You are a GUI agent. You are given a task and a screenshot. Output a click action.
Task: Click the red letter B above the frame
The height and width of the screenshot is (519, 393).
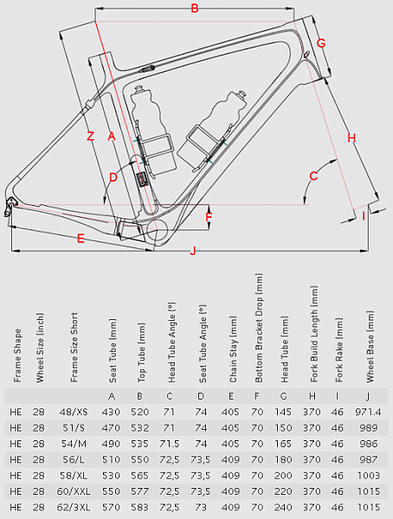[195, 9]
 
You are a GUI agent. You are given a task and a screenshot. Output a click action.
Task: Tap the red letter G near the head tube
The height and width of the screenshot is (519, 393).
[321, 43]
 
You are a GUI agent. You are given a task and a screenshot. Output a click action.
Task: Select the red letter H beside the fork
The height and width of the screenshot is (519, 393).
[351, 138]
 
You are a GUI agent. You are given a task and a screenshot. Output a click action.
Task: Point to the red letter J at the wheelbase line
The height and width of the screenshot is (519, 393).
[192, 251]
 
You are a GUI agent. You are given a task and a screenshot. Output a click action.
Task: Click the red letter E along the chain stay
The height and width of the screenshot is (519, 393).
[81, 239]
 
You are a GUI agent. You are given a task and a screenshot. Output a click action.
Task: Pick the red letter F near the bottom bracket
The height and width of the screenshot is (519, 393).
[209, 217]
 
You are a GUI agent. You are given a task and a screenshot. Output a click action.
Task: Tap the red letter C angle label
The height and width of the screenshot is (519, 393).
[313, 176]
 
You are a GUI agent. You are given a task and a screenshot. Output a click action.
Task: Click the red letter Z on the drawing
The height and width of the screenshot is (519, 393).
[90, 136]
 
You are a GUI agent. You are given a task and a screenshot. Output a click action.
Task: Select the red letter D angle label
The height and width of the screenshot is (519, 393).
[113, 177]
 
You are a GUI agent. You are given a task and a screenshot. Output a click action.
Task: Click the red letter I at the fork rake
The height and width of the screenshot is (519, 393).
[364, 216]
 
